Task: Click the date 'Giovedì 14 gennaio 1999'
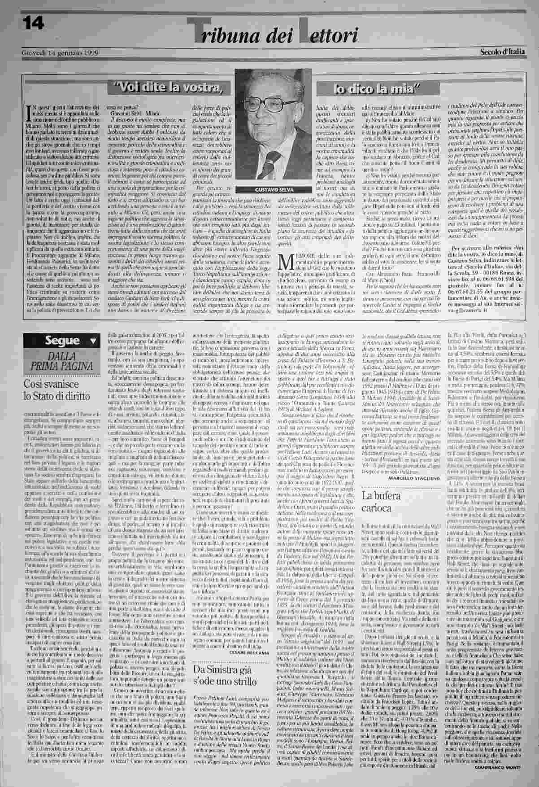[60, 52]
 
